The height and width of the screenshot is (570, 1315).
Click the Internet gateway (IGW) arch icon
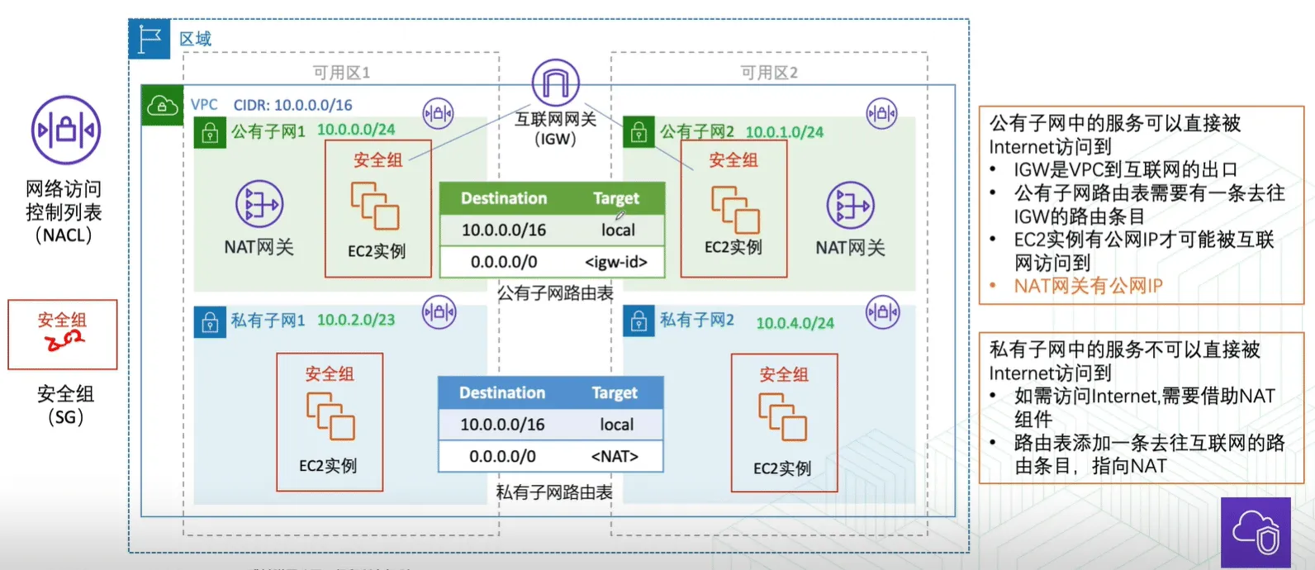(555, 83)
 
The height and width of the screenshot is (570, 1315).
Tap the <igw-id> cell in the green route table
(616, 262)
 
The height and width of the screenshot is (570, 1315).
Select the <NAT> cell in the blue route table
(615, 456)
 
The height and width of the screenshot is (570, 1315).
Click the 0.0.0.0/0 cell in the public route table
(504, 262)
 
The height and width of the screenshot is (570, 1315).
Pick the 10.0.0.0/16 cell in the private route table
(502, 425)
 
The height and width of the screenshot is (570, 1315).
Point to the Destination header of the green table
(504, 198)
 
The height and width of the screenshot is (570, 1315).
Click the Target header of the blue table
(615, 392)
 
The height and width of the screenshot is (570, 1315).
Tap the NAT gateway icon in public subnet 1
(259, 204)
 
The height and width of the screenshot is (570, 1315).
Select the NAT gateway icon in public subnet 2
(850, 205)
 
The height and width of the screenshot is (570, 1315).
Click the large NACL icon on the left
(66, 130)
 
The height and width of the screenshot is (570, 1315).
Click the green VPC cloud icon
(162, 106)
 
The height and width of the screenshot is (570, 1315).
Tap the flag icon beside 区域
(150, 40)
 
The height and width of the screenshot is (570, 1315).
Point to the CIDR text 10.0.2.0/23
(356, 320)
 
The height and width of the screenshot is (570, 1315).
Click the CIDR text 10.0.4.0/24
(795, 323)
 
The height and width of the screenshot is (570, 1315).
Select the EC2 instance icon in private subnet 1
(330, 416)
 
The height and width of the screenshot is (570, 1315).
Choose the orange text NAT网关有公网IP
(1089, 286)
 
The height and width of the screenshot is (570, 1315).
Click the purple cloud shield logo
(1256, 533)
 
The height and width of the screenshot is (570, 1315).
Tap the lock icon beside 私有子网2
(639, 321)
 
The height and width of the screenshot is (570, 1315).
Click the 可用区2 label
(769, 73)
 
